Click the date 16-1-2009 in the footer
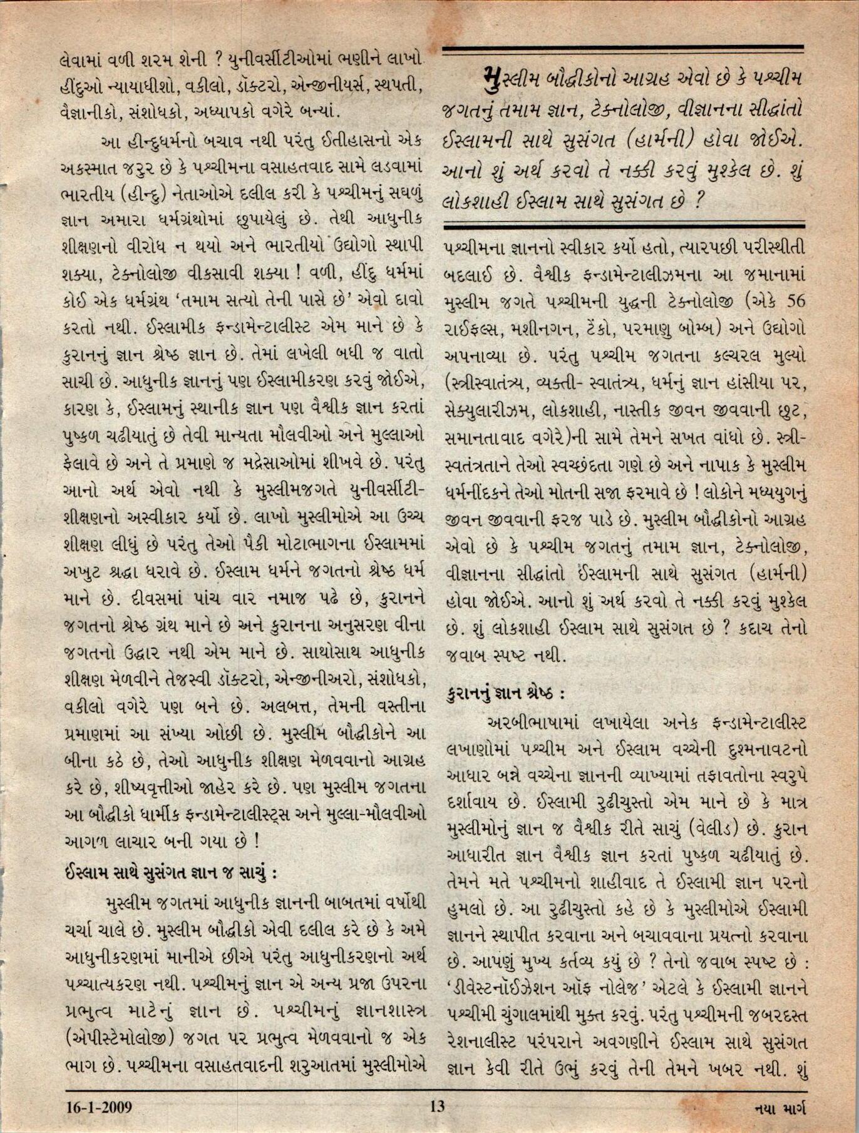pos(100,1107)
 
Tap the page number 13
pos(437,1106)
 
